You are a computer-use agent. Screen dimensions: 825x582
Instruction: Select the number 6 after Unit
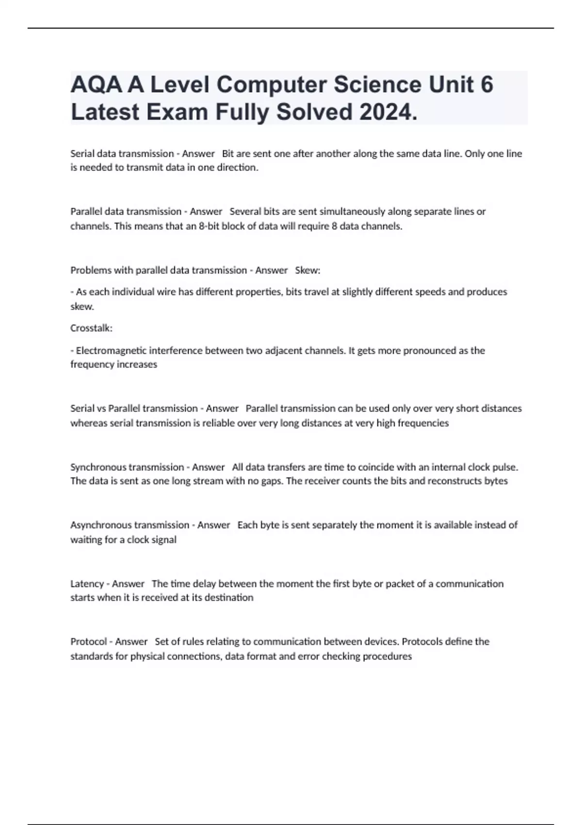pyautogui.click(x=486, y=85)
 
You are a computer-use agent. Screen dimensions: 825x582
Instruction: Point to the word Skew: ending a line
pyautogui.click(x=307, y=270)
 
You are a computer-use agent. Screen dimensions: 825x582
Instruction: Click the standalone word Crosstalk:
pyautogui.click(x=91, y=328)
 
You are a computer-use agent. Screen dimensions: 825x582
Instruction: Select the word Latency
pyautogui.click(x=87, y=583)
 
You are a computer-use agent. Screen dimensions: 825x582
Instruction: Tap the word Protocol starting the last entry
pyautogui.click(x=88, y=642)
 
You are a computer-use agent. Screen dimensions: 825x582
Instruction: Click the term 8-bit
pyautogui.click(x=209, y=226)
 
